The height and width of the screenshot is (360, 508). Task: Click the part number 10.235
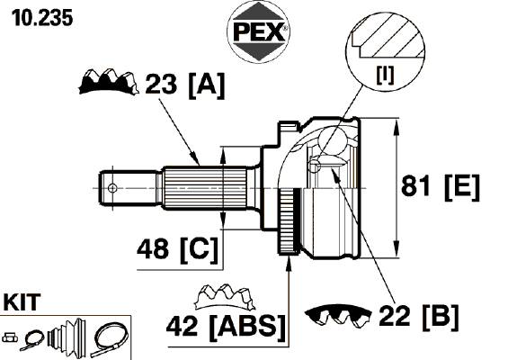click(42, 18)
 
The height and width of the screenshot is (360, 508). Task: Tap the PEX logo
click(258, 32)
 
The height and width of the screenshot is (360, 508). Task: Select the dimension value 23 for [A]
click(161, 84)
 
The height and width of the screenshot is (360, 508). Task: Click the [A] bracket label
click(206, 85)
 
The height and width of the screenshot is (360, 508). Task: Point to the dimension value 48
click(153, 249)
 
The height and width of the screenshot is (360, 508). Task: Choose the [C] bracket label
click(199, 250)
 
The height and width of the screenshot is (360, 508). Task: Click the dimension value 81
click(417, 185)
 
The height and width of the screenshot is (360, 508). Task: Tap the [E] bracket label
click(461, 187)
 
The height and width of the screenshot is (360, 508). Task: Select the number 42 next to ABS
click(183, 326)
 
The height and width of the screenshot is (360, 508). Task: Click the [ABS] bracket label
click(248, 328)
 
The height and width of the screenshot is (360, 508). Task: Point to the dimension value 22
click(395, 315)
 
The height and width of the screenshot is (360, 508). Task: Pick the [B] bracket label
click(441, 317)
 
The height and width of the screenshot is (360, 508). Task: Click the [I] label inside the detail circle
click(385, 75)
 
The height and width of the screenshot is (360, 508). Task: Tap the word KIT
click(22, 301)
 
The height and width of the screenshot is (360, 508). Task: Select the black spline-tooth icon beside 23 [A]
click(109, 82)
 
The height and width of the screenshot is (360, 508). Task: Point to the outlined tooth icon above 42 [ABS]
click(225, 297)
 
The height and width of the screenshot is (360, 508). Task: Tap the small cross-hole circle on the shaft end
click(112, 188)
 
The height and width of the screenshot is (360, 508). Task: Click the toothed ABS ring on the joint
click(288, 221)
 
